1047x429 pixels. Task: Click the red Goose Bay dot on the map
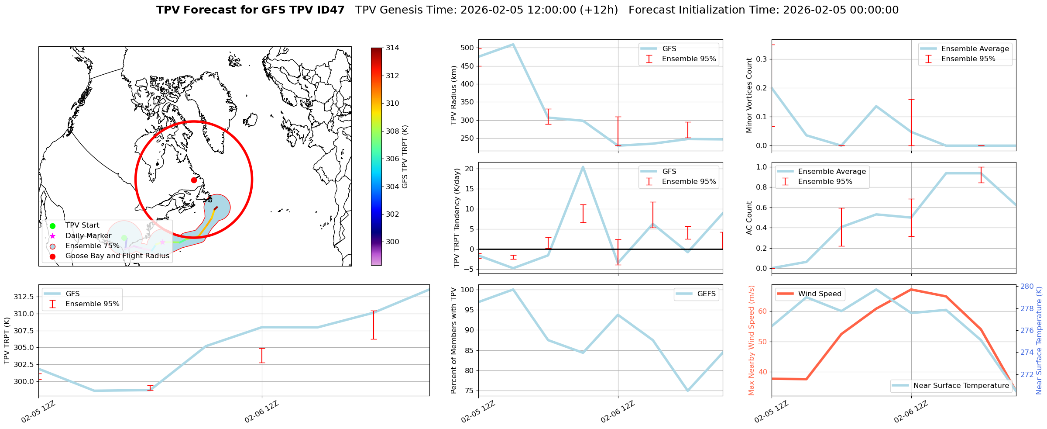point(194,180)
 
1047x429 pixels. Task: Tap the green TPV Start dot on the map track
point(124,238)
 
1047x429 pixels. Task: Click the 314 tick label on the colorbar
point(392,48)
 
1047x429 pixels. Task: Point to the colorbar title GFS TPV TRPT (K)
point(405,157)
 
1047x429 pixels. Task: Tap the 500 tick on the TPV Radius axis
point(467,48)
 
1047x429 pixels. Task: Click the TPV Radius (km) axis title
point(454,95)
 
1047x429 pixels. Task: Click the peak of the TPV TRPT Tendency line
point(583,167)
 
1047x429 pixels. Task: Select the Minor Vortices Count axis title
point(749,95)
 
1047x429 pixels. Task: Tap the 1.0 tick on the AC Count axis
point(761,167)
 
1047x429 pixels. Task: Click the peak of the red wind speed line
point(911,289)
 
